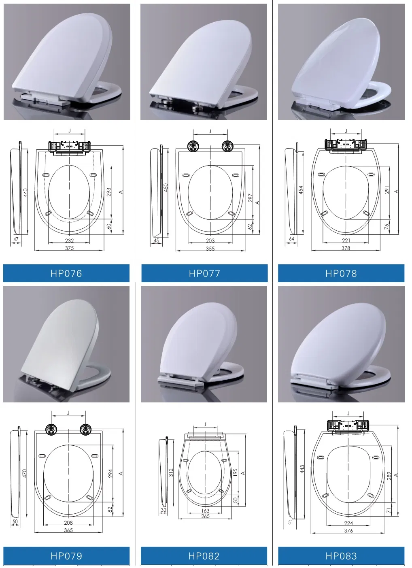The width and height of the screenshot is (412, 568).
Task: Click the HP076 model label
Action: (66, 274)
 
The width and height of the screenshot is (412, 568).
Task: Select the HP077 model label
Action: (204, 274)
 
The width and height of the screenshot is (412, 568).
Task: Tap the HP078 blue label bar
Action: (341, 274)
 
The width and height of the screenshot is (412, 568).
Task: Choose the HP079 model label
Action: (66, 556)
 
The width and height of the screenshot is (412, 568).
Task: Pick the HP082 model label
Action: (204, 556)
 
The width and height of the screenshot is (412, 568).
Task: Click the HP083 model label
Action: (341, 556)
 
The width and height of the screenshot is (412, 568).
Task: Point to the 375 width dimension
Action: (69, 248)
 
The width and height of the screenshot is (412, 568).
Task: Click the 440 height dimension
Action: (25, 192)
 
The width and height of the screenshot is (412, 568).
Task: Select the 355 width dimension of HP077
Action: (210, 249)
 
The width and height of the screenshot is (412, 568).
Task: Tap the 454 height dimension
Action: (301, 190)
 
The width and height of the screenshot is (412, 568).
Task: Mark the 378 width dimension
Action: (346, 248)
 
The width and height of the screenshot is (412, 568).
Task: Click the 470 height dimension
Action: (24, 473)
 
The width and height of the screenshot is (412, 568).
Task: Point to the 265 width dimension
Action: (205, 516)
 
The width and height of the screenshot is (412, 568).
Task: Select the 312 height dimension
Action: (171, 472)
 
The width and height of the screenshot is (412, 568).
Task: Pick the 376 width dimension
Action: (348, 530)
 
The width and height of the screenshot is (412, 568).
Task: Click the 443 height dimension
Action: (302, 470)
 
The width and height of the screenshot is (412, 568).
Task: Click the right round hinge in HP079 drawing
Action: (85, 429)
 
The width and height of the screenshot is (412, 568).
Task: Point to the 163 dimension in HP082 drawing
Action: (205, 511)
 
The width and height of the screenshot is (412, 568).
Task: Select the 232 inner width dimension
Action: (69, 240)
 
